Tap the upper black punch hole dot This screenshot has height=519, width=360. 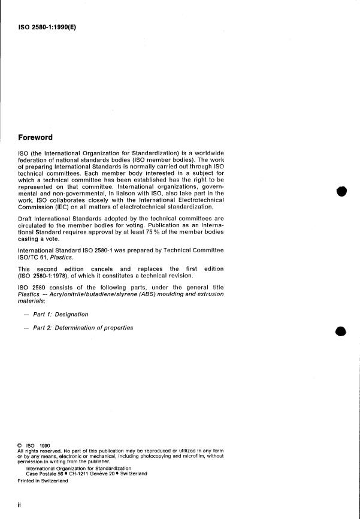pos(342,192)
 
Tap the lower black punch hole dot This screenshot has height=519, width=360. pos(342,333)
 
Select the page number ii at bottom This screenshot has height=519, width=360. pos(20,505)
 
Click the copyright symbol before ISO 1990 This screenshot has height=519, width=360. pos(20,445)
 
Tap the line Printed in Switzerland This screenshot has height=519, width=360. pos(43,480)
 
